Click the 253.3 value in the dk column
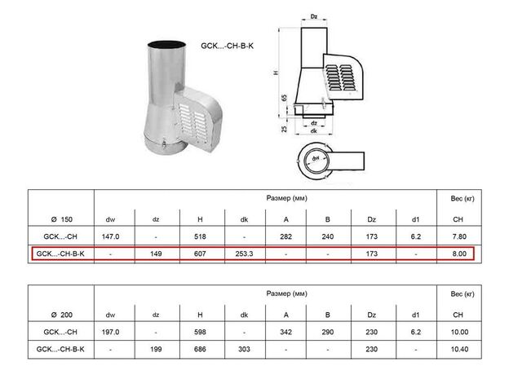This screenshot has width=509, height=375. pyautogui.click(x=244, y=254)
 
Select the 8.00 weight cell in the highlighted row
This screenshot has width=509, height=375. pyautogui.click(x=459, y=254)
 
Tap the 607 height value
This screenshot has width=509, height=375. pyautogui.click(x=200, y=254)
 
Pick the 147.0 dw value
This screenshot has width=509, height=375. pyautogui.click(x=110, y=236)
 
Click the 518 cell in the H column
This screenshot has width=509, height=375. pyautogui.click(x=200, y=236)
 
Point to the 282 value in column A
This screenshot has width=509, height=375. pyautogui.click(x=286, y=236)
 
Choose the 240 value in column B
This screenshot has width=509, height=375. pyautogui.click(x=328, y=236)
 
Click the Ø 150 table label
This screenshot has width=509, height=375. pyautogui.click(x=62, y=219)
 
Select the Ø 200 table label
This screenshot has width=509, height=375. pyautogui.click(x=62, y=315)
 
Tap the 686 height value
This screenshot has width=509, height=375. pyautogui.click(x=200, y=349)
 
